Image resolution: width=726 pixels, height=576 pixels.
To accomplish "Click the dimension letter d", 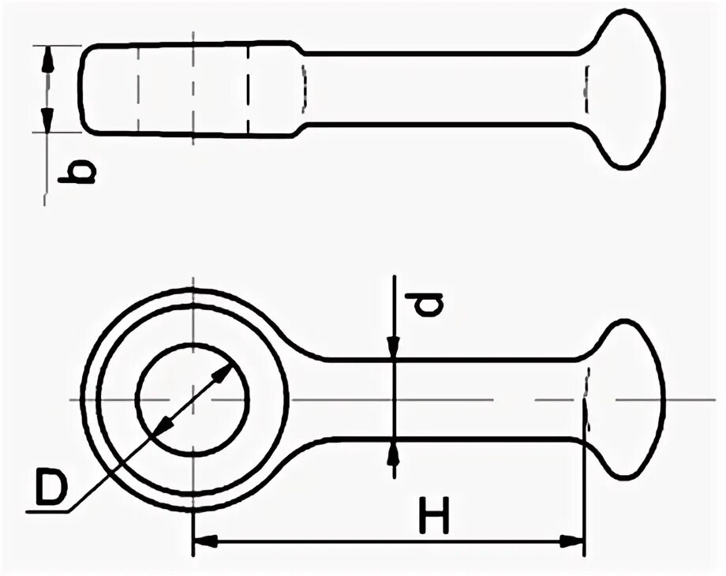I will point(427,304).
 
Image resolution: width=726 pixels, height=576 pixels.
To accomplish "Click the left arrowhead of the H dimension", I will point(204,541).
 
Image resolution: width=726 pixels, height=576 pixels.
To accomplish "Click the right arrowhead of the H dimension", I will point(574,541).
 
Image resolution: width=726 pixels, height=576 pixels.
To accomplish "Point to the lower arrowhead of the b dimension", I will point(47,121).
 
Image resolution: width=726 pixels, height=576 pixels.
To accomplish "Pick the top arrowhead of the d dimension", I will point(393,348).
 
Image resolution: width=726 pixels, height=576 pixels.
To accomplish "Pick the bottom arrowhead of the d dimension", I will point(393,451).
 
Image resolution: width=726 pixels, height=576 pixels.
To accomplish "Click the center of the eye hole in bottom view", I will point(193,400).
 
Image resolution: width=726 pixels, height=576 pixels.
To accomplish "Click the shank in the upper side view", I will point(442,88).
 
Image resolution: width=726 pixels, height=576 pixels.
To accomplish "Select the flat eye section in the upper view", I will point(189,88).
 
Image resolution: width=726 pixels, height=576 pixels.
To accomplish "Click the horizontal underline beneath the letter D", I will point(47,511).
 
